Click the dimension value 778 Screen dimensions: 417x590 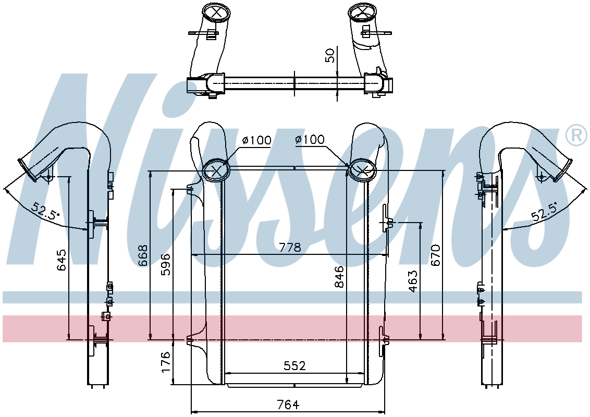click(x=290, y=248)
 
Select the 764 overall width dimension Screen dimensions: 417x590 click(x=288, y=404)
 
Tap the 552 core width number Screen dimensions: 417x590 click(x=294, y=366)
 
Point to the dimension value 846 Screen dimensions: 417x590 click(x=339, y=277)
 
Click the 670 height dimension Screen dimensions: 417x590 click(x=436, y=255)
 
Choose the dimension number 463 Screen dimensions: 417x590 click(x=413, y=281)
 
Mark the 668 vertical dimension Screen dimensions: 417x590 click(x=142, y=255)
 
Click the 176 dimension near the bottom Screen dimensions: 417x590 click(x=166, y=362)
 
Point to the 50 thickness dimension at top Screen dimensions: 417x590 click(x=330, y=55)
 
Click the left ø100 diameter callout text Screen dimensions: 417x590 click(x=256, y=140)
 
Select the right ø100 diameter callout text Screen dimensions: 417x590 click(x=309, y=139)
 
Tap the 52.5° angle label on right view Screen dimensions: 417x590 click(x=544, y=210)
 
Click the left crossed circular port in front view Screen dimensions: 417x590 click(x=216, y=170)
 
